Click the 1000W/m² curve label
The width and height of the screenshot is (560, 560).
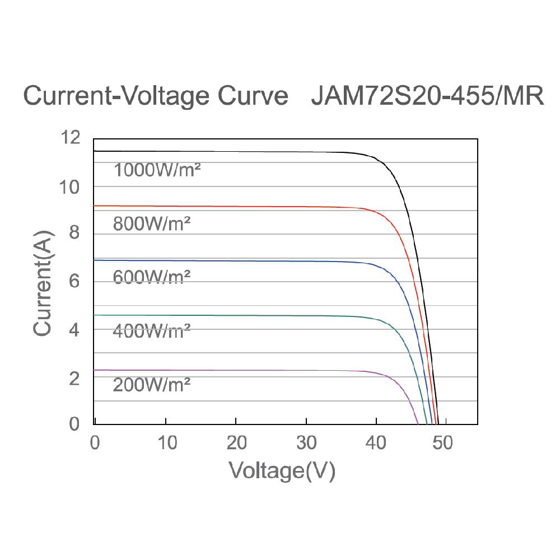point(157,170)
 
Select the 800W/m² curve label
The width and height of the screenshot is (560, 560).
point(152,225)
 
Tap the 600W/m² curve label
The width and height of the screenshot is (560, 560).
point(152,277)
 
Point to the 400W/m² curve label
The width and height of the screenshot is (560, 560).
point(152,331)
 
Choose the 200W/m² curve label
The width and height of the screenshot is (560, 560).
point(152,385)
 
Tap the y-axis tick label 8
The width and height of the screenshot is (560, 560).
point(74,234)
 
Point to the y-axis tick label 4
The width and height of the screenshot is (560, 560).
point(74,330)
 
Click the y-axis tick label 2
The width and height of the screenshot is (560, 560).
point(74,378)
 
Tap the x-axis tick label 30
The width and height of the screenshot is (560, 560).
point(306,444)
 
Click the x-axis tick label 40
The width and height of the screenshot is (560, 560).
point(376,444)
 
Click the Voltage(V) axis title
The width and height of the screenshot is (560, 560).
point(282,472)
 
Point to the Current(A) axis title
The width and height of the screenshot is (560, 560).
point(43,283)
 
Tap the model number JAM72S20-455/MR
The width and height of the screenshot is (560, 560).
point(427,96)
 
